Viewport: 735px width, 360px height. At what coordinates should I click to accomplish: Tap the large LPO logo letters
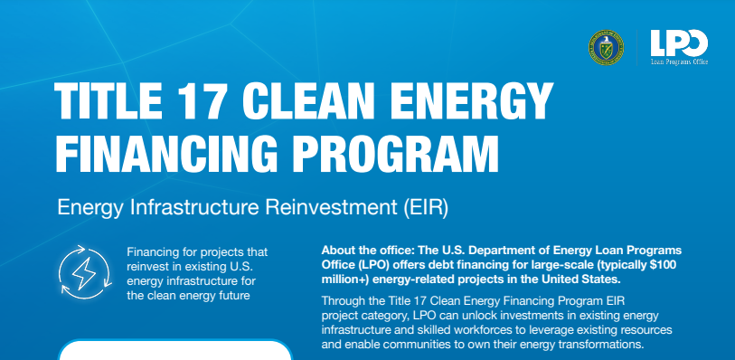[x=679, y=41]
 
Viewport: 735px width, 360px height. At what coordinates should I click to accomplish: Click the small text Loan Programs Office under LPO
[x=679, y=62]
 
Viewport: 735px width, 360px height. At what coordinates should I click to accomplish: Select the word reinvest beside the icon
[x=153, y=264]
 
